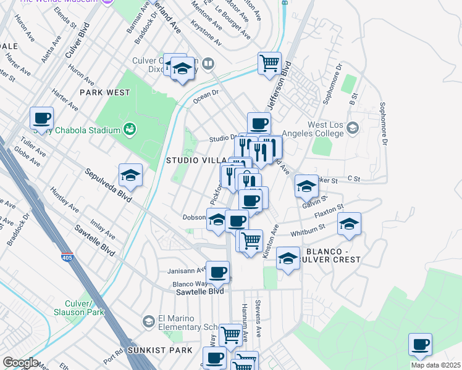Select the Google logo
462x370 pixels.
tap(20, 363)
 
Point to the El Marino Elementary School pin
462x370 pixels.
tap(148, 321)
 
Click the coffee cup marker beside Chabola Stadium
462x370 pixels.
tap(41, 118)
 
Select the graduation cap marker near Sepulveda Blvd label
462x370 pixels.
tap(130, 175)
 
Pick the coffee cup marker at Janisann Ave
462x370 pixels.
tap(217, 272)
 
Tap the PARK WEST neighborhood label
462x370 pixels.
tap(104, 92)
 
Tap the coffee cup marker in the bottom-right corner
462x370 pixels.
tap(420, 344)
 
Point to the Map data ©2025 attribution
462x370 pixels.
tap(435, 364)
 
